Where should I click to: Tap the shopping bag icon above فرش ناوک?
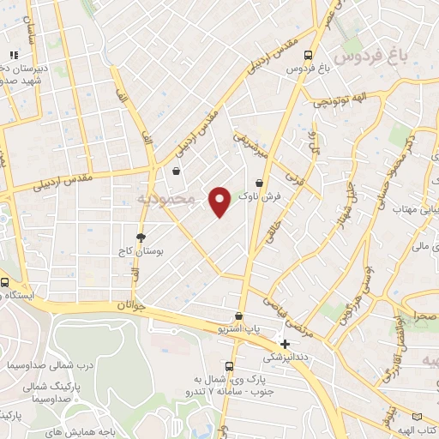pos(259,182)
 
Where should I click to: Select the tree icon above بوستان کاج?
pos(141,236)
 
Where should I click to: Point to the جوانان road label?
pos(125,304)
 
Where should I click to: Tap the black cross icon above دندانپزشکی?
pos(285,344)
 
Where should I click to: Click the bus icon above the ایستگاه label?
pos(5,283)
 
